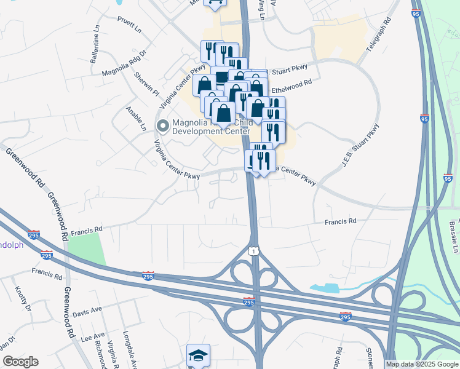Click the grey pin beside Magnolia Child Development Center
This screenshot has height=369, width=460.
click(163, 127)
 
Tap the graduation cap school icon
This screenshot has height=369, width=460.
click(198, 355)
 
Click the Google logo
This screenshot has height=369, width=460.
click(20, 362)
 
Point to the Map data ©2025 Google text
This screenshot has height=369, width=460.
click(422, 364)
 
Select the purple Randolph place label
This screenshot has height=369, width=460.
click(11, 245)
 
